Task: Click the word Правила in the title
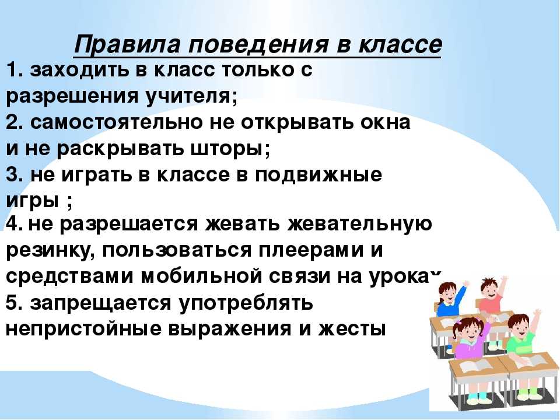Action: [127, 45]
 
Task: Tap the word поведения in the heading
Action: [258, 45]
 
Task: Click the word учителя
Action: [191, 96]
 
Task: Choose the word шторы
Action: [230, 149]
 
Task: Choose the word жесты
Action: [351, 329]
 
